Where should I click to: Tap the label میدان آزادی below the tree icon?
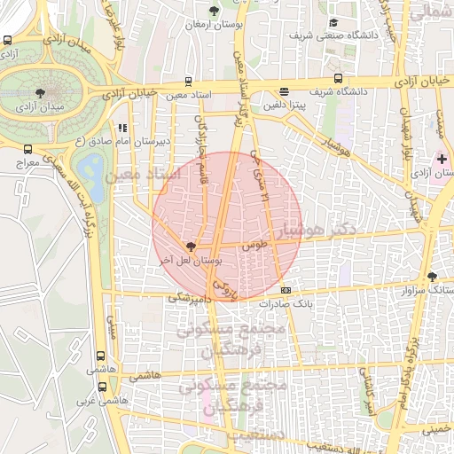coord(39,107)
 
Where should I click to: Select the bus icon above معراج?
coord(27,150)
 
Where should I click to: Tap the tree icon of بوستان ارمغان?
coord(213,12)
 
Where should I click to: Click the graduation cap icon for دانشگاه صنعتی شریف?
coord(333,23)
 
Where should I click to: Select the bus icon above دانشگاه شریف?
coord(337,78)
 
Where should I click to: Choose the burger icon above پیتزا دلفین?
coord(284,91)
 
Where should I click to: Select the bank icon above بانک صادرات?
coord(286,290)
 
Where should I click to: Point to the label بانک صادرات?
coord(286,303)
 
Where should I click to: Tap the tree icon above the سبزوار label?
coord(432,277)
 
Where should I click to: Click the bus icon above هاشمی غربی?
coord(102,387)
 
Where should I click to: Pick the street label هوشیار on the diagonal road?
coord(333,155)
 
